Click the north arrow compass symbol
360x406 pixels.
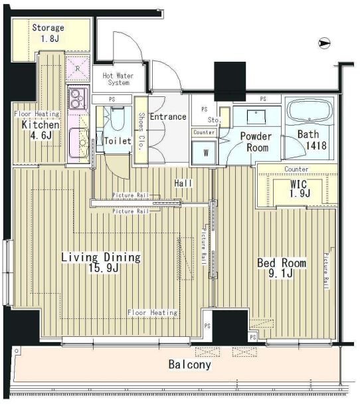click(x=324, y=43)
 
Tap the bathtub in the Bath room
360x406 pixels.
click(x=310, y=110)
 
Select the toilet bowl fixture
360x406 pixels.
click(x=118, y=118)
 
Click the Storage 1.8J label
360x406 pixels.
click(x=48, y=33)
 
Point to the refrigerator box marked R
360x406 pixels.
click(x=78, y=68)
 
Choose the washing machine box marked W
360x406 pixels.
click(x=205, y=153)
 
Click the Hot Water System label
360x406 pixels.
click(x=118, y=79)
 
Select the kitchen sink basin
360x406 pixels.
click(x=79, y=142)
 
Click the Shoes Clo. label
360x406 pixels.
click(x=141, y=131)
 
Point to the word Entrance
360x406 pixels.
click(x=168, y=116)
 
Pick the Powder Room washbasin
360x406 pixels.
click(x=256, y=117)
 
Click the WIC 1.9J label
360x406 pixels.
click(x=300, y=189)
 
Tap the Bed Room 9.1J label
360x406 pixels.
click(x=282, y=268)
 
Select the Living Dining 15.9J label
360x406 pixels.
click(x=101, y=262)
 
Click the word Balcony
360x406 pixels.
click(x=190, y=365)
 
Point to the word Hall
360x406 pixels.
click(x=183, y=183)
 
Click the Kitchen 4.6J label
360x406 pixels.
click(x=41, y=130)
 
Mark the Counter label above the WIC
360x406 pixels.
click(x=296, y=169)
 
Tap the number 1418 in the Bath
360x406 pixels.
click(x=316, y=146)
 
